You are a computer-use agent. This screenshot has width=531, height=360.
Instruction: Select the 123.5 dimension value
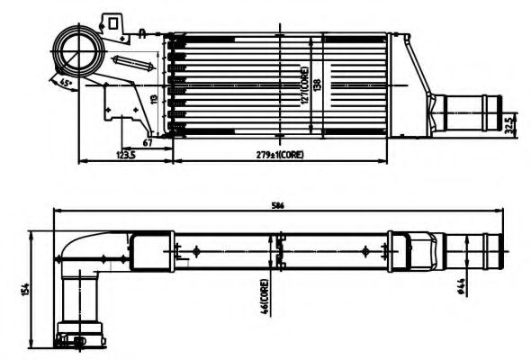[126, 155]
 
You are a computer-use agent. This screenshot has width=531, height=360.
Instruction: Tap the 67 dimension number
[146, 141]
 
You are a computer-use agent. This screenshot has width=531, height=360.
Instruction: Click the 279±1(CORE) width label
[279, 155]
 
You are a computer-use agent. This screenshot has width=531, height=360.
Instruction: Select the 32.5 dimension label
[510, 121]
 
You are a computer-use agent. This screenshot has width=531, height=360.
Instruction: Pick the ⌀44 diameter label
[461, 286]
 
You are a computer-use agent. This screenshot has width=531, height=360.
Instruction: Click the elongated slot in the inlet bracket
[135, 65]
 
